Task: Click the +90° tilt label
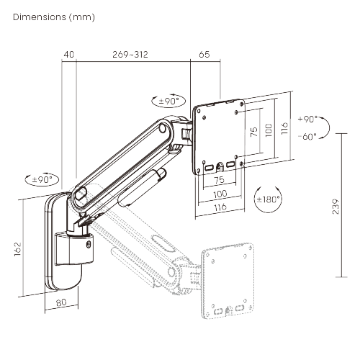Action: [x=307, y=120]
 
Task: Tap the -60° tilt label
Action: [x=307, y=136]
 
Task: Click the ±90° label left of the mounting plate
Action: [x=166, y=102]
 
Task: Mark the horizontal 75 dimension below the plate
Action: [x=218, y=180]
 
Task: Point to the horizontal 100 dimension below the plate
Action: [x=220, y=194]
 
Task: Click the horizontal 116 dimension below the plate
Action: [x=220, y=207]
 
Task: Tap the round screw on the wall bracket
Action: [x=89, y=245]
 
